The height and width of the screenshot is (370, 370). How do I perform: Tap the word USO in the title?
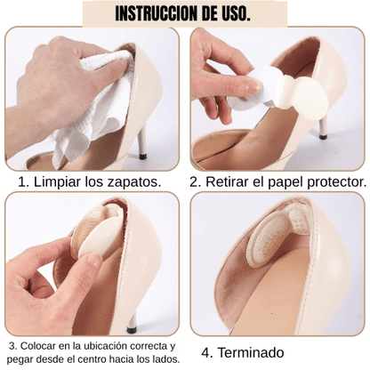pos(235,13)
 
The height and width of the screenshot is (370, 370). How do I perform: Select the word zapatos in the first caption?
pos(135,182)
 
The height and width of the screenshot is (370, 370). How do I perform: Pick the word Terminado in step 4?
pos(251,353)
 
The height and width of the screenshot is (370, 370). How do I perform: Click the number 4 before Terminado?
pos(206,353)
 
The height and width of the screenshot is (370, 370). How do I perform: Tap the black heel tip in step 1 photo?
pos(143,156)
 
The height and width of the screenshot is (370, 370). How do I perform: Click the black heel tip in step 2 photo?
pos(323,137)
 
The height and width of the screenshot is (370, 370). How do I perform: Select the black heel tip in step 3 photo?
pos(132,330)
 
